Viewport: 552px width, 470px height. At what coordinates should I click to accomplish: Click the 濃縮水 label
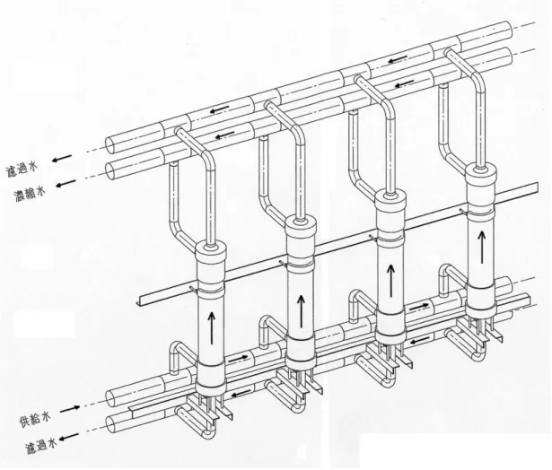pos(31,195)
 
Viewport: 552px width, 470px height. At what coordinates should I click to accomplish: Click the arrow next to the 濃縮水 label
pos(66,183)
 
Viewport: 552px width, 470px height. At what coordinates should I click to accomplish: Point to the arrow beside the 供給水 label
pos(70,409)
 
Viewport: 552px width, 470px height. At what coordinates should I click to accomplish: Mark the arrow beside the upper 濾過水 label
pos(62,158)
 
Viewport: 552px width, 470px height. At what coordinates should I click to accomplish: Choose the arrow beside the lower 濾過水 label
pos(69,437)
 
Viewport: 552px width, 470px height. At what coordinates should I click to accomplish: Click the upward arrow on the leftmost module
pos(211,328)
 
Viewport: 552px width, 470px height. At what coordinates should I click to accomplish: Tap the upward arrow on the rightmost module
pos(482,247)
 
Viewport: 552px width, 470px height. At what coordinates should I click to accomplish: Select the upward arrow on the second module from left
pos(301,312)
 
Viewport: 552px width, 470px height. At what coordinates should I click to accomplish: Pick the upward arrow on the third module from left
pos(390,281)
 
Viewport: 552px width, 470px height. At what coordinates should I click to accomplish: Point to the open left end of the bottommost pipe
pos(112,425)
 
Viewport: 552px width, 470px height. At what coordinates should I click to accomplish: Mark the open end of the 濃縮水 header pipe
pos(112,171)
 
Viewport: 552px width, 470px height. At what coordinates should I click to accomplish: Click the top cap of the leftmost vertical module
pos(211,253)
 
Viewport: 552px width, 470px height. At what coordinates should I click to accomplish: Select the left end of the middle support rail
pos(138,303)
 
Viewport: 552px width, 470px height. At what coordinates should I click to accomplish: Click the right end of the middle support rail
pos(537,187)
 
